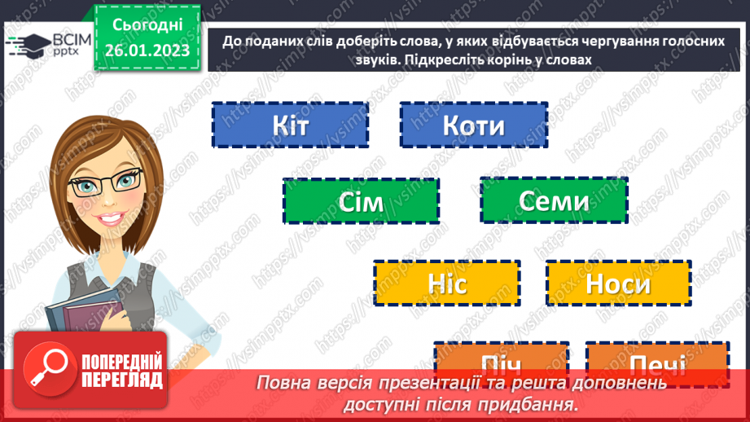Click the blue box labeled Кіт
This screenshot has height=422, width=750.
[290, 125]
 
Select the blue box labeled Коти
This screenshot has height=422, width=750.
[473, 125]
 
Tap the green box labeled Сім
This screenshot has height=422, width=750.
[361, 201]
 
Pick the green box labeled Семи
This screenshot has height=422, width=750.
[554, 200]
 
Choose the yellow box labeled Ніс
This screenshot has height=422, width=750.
[446, 284]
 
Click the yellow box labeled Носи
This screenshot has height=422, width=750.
[618, 284]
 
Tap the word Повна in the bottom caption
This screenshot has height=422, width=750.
[285, 382]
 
